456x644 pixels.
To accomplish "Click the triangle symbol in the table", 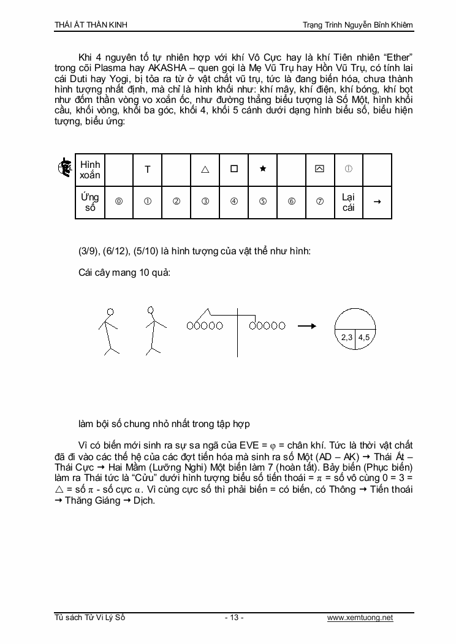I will click(205, 170).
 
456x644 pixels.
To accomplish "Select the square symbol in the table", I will click(234, 169).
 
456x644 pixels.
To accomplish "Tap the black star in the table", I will click(262, 169).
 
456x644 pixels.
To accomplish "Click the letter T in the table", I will click(148, 170).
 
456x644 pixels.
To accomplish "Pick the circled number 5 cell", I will click(262, 202).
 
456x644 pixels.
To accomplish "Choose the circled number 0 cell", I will click(119, 202).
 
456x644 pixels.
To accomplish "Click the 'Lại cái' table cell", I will click(348, 202).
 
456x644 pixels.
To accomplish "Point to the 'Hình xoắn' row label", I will click(90, 170).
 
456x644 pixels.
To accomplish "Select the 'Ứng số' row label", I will click(89, 202).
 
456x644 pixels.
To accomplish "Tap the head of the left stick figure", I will click(110, 311).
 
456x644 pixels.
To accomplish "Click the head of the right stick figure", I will click(153, 311).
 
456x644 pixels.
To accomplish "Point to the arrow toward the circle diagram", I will click(306, 326).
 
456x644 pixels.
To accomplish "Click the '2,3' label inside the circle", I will click(347, 337).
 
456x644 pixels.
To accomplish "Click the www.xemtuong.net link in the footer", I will click(360, 618).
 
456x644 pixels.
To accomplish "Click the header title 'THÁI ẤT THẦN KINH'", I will click(91, 25).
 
